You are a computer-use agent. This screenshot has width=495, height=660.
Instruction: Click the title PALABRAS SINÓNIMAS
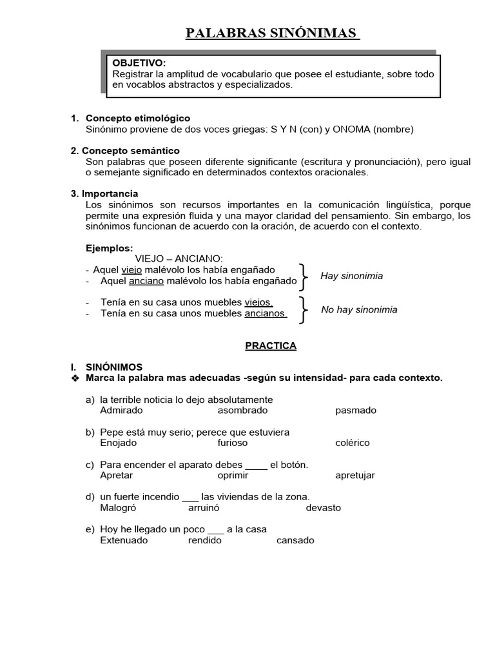(272, 34)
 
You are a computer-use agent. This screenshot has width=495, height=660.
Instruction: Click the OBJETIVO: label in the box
(139, 63)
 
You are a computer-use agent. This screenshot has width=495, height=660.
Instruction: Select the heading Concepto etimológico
(138, 119)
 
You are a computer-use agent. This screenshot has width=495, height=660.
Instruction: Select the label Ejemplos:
(110, 248)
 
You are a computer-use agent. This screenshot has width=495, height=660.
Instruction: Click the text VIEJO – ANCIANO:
(178, 259)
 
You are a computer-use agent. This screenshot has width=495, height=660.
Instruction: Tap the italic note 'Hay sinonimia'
(351, 276)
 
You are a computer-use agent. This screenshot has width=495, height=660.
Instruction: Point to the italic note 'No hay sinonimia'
(359, 309)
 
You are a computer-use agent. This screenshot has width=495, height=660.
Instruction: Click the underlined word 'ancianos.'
(266, 314)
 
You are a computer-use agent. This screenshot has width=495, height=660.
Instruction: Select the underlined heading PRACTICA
(271, 345)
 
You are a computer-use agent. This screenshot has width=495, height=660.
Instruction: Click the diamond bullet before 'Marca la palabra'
(75, 378)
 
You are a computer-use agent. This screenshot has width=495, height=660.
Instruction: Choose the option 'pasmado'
(356, 411)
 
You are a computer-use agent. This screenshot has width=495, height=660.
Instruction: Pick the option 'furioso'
(233, 443)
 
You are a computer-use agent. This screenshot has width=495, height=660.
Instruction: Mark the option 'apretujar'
(355, 475)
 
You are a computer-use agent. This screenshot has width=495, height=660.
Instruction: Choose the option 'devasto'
(324, 508)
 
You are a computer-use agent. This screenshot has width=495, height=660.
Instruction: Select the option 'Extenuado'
(124, 540)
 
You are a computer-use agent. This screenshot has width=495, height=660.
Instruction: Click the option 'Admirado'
(122, 411)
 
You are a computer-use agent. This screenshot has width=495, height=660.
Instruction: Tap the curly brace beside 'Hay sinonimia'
(304, 275)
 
